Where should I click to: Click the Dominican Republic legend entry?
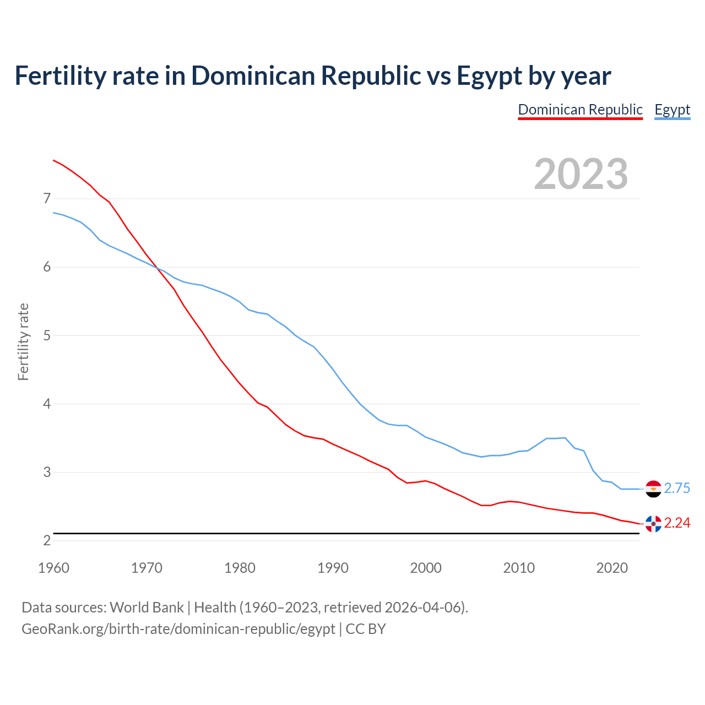[580, 110]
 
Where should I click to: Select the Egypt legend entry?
[672, 110]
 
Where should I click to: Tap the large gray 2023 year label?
[581, 174]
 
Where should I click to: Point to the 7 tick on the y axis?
[47, 198]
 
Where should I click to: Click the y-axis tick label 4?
[47, 404]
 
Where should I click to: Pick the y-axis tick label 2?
[47, 540]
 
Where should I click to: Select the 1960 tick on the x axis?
[53, 568]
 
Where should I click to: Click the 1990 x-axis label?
[333, 568]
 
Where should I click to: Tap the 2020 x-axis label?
[612, 568]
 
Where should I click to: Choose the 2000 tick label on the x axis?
[426, 568]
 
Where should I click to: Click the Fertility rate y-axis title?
[23, 341]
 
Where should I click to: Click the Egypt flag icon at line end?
[653, 489]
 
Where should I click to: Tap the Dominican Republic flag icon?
[653, 523]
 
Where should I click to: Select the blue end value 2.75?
[677, 489]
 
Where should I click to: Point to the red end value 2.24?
[677, 523]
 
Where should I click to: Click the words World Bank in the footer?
[147, 608]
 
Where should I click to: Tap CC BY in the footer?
[366, 629]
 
